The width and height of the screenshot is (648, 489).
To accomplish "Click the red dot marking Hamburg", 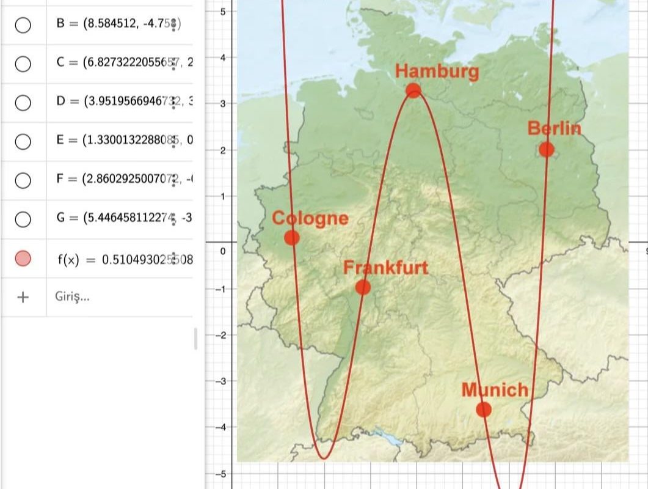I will pos(413,90).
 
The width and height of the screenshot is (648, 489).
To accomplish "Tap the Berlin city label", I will pos(554,129).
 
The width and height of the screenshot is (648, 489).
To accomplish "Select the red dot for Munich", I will pos(484,409).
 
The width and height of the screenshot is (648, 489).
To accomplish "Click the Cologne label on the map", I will pos(310,218).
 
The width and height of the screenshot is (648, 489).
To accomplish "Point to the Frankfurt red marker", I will pos(363,287).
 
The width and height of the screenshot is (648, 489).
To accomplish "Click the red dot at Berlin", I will pos(547,149).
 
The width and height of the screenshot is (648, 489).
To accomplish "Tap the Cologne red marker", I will pos(292,238).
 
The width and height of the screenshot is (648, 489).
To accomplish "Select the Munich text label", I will pos(495,389).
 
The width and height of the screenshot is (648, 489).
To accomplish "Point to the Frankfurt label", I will pos(385,268).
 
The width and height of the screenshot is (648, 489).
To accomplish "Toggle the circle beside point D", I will pos(23,102).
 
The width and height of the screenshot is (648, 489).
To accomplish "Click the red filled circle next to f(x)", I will pos(23,259).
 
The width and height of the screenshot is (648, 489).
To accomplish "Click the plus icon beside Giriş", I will pos(23,297).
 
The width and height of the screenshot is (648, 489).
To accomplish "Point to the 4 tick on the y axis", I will pos(224,57).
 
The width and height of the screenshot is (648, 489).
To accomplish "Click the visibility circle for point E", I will pos(23,141).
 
